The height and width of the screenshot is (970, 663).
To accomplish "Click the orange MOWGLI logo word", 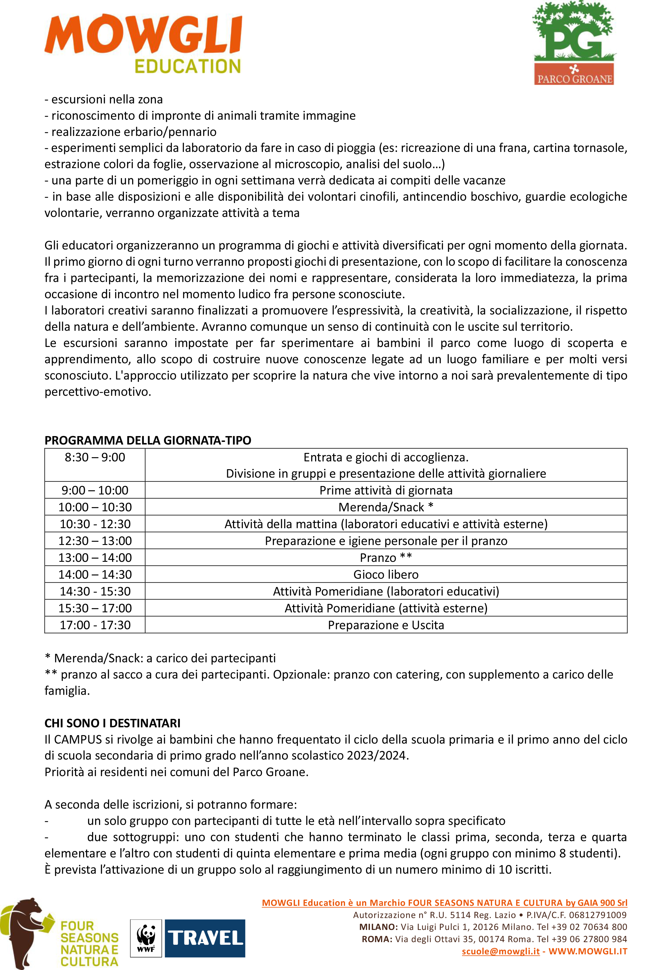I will click(x=143, y=35).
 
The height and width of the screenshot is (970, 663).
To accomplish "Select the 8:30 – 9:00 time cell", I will click(x=95, y=458).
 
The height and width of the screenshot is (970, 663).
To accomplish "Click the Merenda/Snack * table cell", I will click(x=386, y=507).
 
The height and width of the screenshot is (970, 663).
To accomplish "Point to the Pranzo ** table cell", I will click(x=386, y=558).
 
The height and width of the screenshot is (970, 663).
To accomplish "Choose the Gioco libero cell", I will click(x=386, y=575).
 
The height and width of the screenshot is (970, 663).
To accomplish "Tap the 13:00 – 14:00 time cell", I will click(x=95, y=558).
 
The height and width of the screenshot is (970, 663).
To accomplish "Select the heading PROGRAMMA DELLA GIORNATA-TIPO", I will click(x=148, y=440).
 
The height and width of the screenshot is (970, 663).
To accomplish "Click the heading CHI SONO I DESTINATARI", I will click(x=112, y=723).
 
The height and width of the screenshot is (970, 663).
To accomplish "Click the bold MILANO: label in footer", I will click(x=378, y=927).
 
